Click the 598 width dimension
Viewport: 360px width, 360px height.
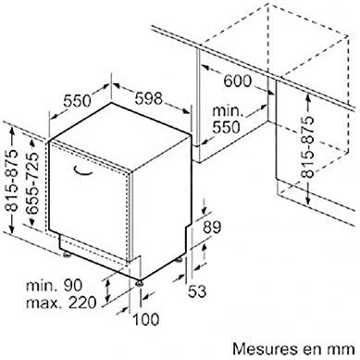tap(148, 98)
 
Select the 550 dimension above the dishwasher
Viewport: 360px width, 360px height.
tap(78, 101)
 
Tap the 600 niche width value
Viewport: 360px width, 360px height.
tap(238, 81)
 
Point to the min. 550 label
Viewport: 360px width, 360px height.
tap(227, 118)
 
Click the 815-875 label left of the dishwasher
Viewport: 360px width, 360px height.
tap(13, 180)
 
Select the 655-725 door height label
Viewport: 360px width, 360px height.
tap(32, 183)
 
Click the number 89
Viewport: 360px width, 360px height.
tap(212, 227)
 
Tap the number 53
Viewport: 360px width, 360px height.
tap(197, 292)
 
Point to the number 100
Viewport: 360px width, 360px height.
tap(146, 319)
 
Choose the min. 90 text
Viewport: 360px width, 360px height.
tap(54, 285)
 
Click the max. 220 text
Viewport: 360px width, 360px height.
tap(61, 303)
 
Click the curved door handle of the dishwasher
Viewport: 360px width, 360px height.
tap(83, 171)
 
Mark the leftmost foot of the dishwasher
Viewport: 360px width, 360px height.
tap(67, 254)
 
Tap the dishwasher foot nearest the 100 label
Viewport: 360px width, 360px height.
tap(140, 282)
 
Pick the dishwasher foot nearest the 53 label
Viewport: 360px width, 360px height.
tap(180, 260)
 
